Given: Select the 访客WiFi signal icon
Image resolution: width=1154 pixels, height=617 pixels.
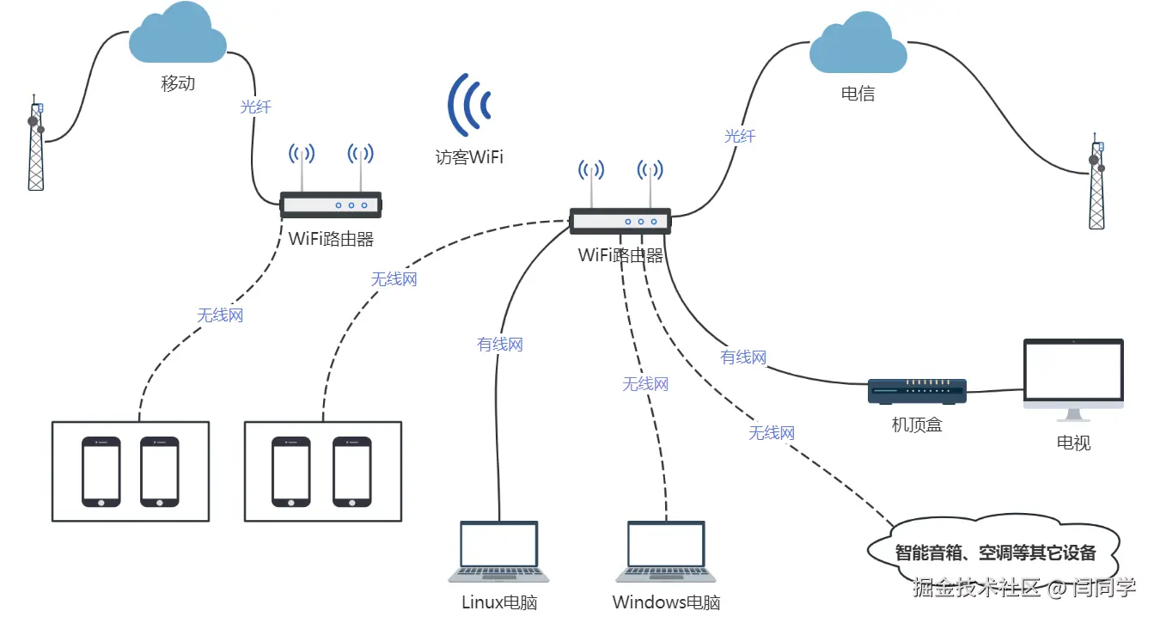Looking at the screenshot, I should (x=468, y=105).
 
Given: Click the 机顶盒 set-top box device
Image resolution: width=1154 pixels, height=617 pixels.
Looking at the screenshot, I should (x=917, y=392).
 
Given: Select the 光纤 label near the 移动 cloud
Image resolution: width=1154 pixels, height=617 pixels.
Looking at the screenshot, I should (x=255, y=107).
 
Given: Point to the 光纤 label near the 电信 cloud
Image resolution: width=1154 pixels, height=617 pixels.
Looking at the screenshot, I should (x=740, y=136).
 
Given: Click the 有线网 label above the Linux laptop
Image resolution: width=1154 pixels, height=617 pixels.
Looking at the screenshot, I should (x=500, y=345).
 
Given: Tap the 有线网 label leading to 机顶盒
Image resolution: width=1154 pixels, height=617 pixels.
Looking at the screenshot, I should (x=743, y=357).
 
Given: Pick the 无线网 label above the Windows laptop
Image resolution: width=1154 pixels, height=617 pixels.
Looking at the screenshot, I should (x=645, y=384).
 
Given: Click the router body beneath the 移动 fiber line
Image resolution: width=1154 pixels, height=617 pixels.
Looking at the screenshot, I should (x=331, y=205).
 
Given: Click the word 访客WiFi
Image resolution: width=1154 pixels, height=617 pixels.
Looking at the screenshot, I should (x=468, y=157).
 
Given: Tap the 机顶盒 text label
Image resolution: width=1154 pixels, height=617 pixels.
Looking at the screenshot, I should (x=917, y=425).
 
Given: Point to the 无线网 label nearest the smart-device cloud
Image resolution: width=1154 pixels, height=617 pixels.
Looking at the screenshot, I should (x=771, y=433).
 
